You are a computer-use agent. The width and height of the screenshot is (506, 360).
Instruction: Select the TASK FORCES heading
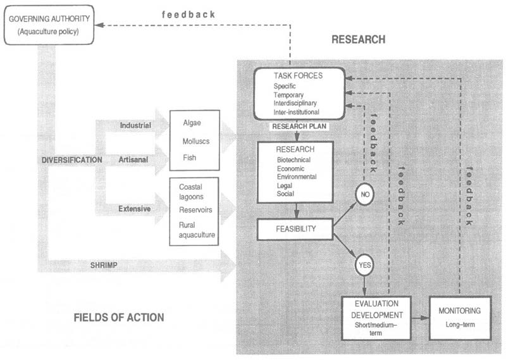[x=299, y=75]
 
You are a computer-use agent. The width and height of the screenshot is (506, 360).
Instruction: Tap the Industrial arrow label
[x=136, y=125]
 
